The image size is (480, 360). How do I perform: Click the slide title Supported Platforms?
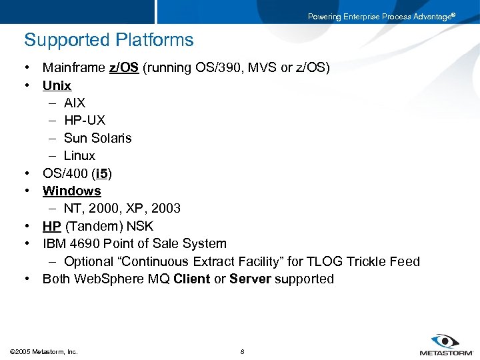coord(109,40)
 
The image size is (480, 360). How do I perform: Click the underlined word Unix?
coord(57,85)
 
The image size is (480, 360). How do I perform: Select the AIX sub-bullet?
coord(75,103)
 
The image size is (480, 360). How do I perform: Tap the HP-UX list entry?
coord(85,121)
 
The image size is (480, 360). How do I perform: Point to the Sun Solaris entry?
coord(98,138)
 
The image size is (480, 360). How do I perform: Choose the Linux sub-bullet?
coord(79,155)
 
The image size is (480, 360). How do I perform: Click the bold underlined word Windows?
coord(72,191)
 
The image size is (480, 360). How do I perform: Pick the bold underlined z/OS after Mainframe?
coord(124,67)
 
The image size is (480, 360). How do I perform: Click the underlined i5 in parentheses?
coord(101,173)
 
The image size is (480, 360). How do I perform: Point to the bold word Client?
coord(191,279)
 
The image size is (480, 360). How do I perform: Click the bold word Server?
coord(250,279)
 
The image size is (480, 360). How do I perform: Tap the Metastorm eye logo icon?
coord(445,341)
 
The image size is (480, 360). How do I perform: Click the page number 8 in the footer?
coord(242,351)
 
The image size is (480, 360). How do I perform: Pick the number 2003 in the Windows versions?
coord(165,208)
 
